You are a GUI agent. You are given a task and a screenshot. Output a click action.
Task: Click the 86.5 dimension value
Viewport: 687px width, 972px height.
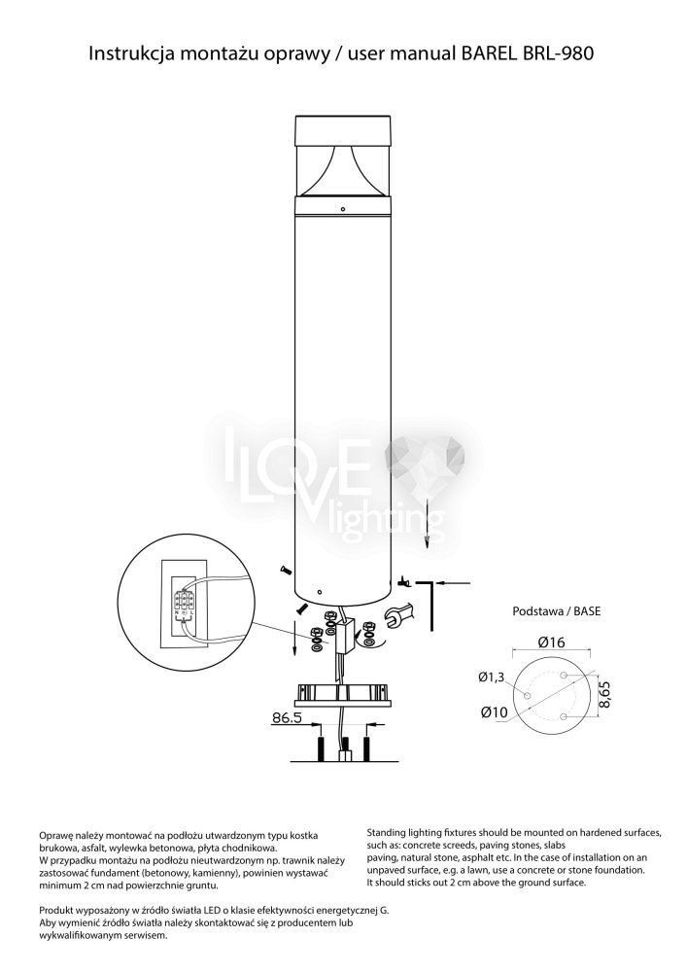coord(287,718)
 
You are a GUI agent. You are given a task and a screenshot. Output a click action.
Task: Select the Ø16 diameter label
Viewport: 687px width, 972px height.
coord(551,642)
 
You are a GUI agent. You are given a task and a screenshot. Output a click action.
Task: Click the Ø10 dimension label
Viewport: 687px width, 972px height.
coord(494,712)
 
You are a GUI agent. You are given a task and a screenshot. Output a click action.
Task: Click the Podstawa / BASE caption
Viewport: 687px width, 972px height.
coord(556,610)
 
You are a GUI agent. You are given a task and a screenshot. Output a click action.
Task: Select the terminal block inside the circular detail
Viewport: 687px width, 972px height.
coord(184,602)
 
